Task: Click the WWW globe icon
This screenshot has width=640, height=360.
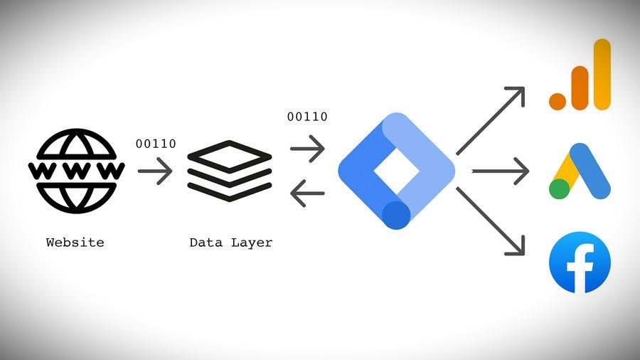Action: (x=75, y=171)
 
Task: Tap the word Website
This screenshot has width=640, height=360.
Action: (x=75, y=243)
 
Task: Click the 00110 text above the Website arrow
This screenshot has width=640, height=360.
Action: (x=156, y=144)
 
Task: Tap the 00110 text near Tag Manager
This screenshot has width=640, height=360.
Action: (x=307, y=117)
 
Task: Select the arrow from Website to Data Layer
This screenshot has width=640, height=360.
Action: (x=156, y=171)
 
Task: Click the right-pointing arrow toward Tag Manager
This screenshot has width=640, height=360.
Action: (x=307, y=149)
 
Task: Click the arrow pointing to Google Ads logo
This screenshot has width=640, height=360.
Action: (x=501, y=171)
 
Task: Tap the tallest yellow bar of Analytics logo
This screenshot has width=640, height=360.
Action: (x=602, y=74)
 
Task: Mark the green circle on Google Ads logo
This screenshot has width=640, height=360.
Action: (x=560, y=189)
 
